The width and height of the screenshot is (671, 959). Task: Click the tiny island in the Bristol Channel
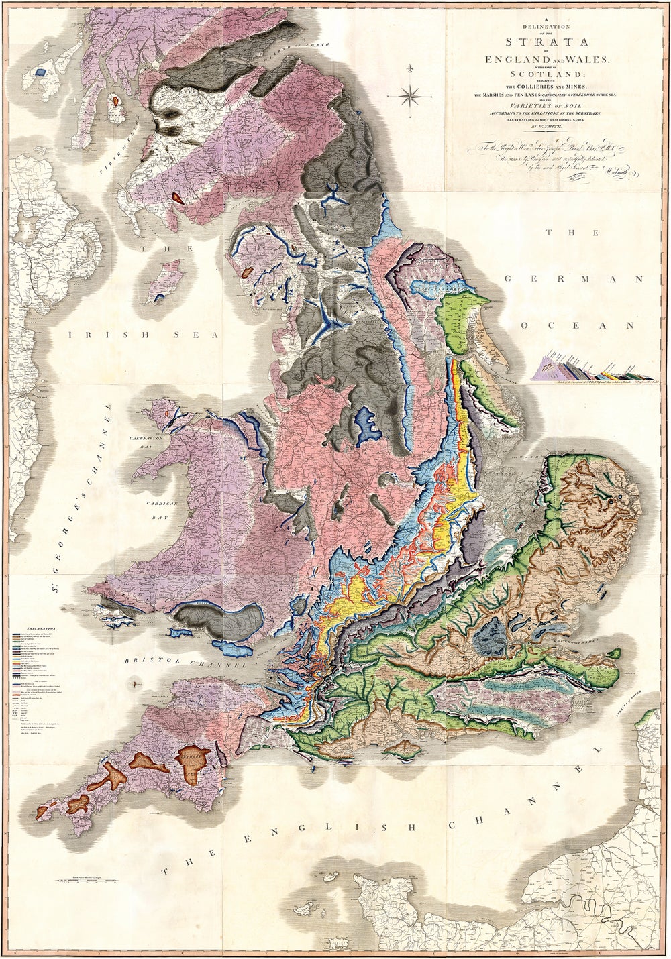coord(136,683)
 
